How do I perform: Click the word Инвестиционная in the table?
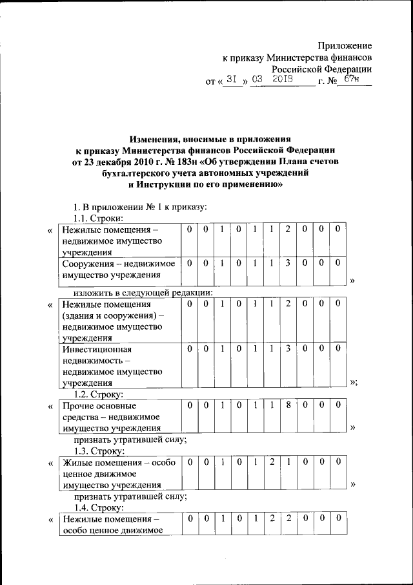[94, 349]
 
